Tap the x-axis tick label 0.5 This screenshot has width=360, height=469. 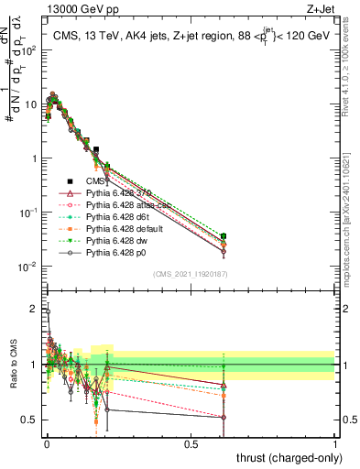pos(191,443)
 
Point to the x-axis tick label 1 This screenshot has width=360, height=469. pos(335,443)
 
